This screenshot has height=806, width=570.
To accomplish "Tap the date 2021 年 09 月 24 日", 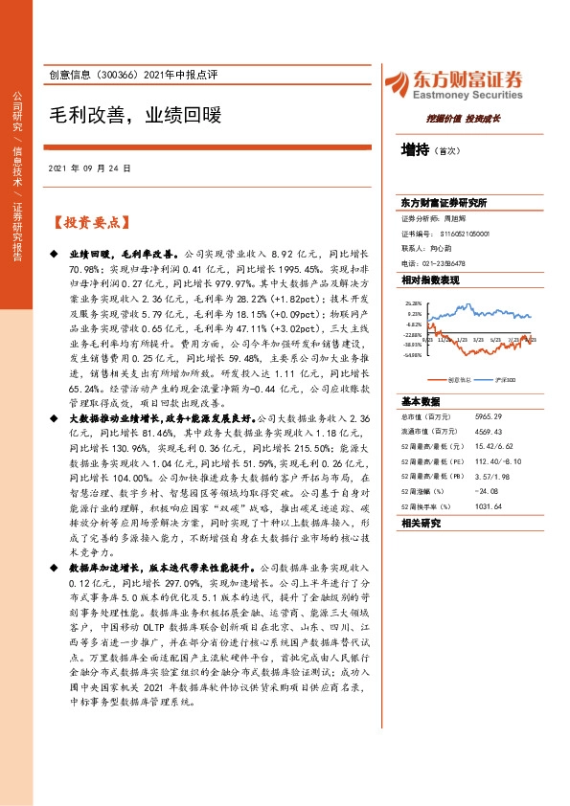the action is click(x=89, y=168).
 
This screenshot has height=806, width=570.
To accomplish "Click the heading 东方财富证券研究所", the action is click(x=445, y=203).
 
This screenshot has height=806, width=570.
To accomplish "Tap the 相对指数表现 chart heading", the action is click(x=430, y=280).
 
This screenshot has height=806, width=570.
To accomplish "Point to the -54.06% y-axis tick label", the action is click(x=413, y=354).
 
